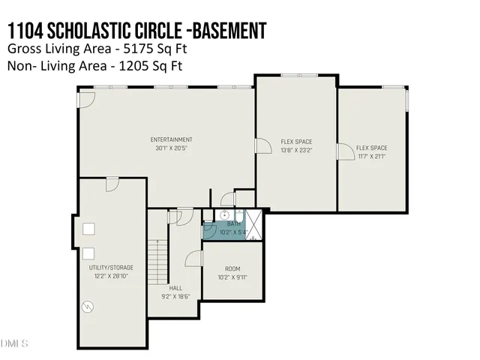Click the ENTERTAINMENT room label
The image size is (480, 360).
pyautogui.click(x=171, y=139)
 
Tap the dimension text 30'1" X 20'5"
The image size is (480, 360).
pyautogui.click(x=171, y=148)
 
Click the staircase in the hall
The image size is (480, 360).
pyautogui.click(x=157, y=259)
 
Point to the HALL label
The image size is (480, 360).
pyautogui.click(x=175, y=288)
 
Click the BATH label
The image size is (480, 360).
pyautogui.click(x=234, y=223)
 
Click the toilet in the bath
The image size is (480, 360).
pyautogui.click(x=253, y=238)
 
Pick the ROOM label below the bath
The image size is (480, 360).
pyautogui.click(x=232, y=269)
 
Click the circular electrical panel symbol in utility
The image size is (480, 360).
pyautogui.click(x=88, y=307)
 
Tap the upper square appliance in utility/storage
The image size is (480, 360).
pyautogui.click(x=88, y=229)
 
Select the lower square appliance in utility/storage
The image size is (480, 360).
pyautogui.click(x=88, y=253)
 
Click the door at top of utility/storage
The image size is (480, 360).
pyautogui.click(x=112, y=185)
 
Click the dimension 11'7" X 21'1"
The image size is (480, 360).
pyautogui.click(x=371, y=156)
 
